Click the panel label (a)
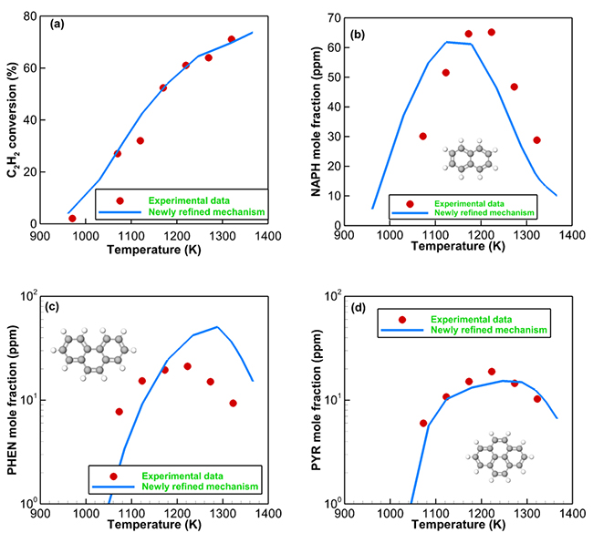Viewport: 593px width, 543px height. (57, 25)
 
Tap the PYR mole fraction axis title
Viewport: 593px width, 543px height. (317, 401)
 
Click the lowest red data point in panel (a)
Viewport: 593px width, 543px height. (72, 219)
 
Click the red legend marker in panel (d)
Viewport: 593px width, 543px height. (402, 320)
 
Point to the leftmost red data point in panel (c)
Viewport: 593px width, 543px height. (120, 412)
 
